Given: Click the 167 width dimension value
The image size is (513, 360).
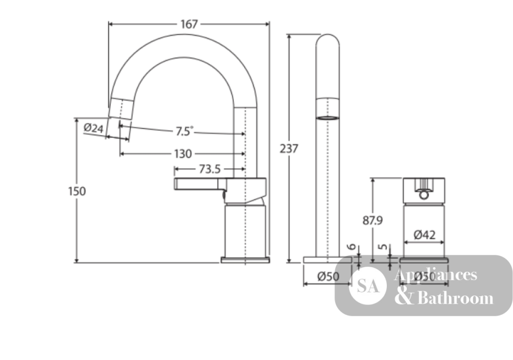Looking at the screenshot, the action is point(189,24).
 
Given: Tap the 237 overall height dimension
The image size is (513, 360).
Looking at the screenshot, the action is point(289,148).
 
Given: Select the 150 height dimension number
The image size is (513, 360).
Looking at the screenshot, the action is point(77,191).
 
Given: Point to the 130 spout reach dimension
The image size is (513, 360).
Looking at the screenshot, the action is point(183,154).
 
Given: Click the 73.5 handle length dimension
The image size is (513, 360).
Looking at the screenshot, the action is point(210,169).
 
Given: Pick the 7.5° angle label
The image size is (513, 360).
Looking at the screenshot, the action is point(185,131).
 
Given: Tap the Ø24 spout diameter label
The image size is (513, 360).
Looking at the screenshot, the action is point(93,128).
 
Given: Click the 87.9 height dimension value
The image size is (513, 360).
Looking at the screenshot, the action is point(372,221).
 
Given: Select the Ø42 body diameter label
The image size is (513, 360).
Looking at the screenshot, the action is point(424,235).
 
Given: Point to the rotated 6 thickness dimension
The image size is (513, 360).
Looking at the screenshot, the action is point(352,246).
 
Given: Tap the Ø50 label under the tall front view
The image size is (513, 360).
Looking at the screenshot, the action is point(328,276).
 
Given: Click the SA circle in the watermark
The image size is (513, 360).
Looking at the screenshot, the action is point(368,286).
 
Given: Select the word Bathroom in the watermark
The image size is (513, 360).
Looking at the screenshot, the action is point(456,298).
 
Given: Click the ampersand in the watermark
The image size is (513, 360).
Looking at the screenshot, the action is point(404,297).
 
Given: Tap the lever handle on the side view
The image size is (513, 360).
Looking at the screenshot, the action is point(200,184).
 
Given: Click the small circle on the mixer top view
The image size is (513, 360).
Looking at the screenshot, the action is point(424,195).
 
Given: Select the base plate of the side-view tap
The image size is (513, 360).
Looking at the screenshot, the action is point(245,260).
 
